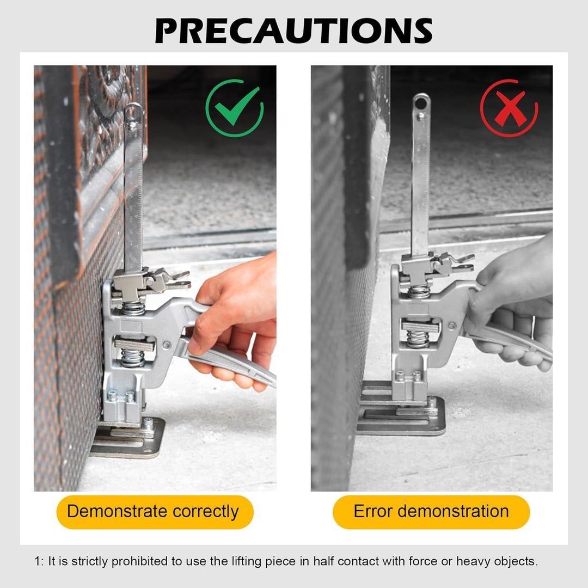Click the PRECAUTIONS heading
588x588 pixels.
click(293, 31)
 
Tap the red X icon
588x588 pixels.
click(509, 108)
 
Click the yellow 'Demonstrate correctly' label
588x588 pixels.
click(155, 512)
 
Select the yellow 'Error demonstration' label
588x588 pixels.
click(431, 512)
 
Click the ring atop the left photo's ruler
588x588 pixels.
click(133, 112)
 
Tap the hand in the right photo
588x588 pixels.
click(514, 304)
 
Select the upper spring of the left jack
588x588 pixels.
click(133, 309)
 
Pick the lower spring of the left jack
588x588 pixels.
click(132, 358)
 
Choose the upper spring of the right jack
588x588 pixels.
click(419, 292)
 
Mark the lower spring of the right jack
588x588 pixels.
click(418, 339)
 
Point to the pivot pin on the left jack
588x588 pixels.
click(166, 345)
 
